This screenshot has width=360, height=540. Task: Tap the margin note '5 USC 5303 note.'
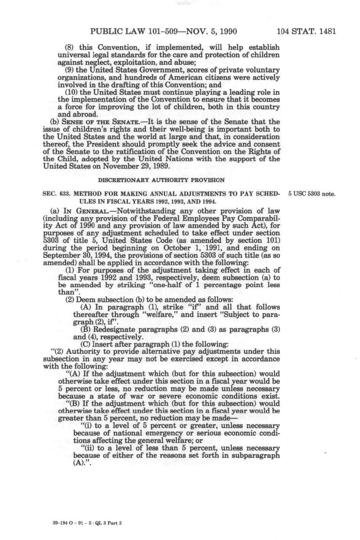coord(312,194)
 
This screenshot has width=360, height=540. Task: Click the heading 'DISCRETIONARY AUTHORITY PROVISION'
coord(161,180)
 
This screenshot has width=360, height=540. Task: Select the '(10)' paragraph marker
coord(71,92)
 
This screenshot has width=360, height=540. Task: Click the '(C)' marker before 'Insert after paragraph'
coord(85,344)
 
